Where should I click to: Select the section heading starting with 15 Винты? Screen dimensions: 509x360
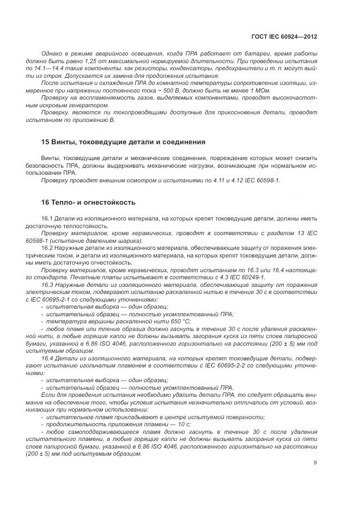[123, 142]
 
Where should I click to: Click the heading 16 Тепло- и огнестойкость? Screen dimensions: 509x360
[88, 202]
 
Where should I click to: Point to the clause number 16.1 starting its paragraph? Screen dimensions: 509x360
[47, 218]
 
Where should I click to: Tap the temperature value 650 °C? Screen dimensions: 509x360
[158, 321]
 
